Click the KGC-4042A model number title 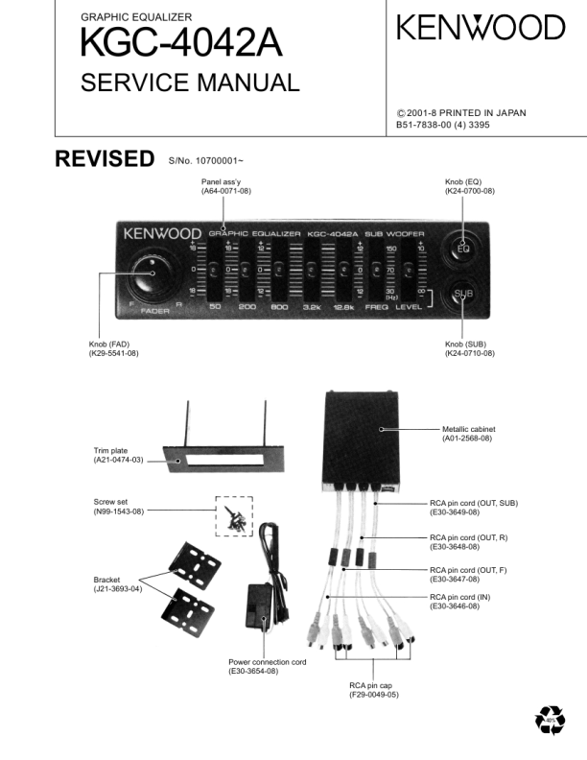[182, 45]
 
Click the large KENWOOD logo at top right [481, 28]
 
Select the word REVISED [105, 158]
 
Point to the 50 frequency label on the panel [216, 306]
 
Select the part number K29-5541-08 [114, 353]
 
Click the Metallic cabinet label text [468, 428]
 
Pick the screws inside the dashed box [233, 515]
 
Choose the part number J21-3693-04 [118, 588]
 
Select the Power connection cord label [268, 661]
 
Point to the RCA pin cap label [374, 685]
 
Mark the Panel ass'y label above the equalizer [226, 181]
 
